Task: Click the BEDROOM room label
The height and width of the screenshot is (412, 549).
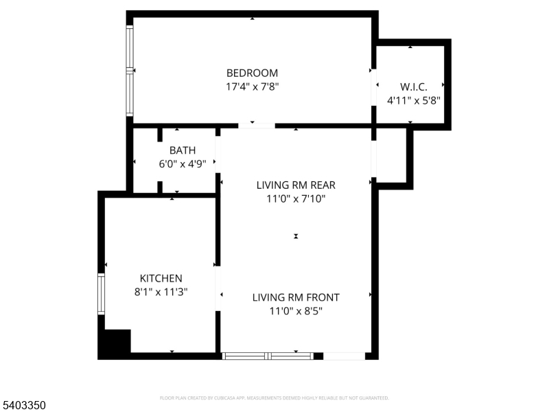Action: [252, 73]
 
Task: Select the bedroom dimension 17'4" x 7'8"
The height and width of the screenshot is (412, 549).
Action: [252, 87]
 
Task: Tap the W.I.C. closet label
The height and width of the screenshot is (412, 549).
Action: [413, 87]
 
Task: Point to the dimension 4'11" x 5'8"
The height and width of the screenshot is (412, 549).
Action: [413, 100]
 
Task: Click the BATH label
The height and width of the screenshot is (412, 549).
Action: [183, 150]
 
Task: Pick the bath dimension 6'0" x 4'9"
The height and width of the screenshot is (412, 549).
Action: [183, 164]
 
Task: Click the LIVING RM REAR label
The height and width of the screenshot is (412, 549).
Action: [296, 185]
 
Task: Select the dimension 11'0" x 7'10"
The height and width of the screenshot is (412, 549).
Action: [296, 199]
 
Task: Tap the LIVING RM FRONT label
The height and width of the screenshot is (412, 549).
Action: [296, 297]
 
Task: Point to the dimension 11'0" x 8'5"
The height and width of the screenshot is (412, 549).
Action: [296, 311]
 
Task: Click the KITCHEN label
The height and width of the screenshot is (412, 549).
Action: [161, 278]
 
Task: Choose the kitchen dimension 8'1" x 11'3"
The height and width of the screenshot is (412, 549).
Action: [161, 292]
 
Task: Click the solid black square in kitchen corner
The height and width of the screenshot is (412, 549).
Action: [115, 343]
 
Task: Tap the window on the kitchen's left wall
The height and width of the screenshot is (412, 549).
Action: [101, 294]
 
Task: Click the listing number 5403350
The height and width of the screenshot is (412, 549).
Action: [23, 406]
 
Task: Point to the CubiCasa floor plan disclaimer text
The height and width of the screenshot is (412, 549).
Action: [274, 398]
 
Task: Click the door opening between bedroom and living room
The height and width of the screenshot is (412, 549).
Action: [257, 126]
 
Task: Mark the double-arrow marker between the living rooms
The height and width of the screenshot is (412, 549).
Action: [296, 236]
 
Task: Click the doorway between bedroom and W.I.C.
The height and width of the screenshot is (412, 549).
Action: [375, 88]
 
